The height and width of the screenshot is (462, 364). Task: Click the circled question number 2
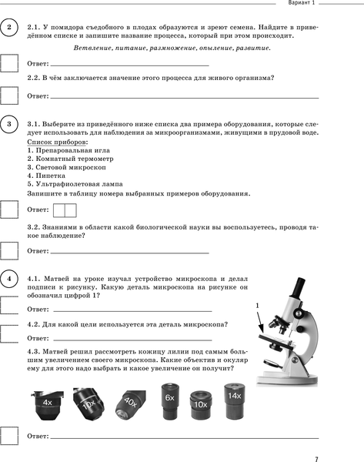pos(9,27)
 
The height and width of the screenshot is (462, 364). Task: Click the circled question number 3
pos(9,124)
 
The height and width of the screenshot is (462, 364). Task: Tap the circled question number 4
pos(9,279)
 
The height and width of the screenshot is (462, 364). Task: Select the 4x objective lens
pos(47,405)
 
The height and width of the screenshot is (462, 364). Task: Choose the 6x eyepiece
pos(170,401)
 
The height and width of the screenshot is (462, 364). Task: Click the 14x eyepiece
pos(235,401)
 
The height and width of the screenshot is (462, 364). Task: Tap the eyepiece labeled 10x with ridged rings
pos(201,404)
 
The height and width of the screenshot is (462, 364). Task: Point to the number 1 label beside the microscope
pos(257,306)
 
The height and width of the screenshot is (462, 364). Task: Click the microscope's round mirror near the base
pos(271,363)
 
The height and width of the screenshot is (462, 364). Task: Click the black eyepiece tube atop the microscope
pos(298,287)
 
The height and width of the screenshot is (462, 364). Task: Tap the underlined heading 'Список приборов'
pos(56,142)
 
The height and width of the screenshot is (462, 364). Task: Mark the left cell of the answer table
pos(59,211)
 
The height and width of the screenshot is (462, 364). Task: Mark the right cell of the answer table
pos(71,211)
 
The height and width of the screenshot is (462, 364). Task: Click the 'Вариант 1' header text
pos(301,3)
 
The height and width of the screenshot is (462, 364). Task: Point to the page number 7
pos(316,459)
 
